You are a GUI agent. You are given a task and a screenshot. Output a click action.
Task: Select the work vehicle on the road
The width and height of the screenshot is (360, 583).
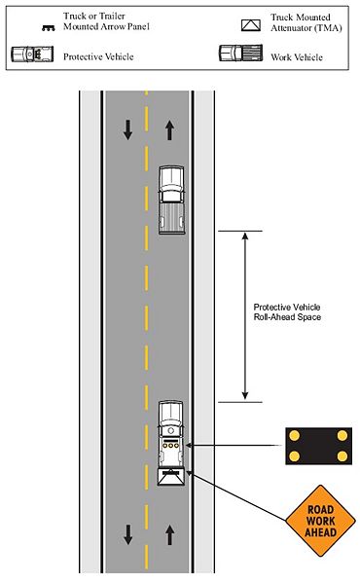pyautogui.click(x=171, y=197)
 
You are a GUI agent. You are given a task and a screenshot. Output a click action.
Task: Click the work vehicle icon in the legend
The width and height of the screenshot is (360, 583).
pyautogui.click(x=238, y=55)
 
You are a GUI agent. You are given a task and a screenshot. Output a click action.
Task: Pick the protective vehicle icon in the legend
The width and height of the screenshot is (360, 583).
pyautogui.click(x=31, y=55)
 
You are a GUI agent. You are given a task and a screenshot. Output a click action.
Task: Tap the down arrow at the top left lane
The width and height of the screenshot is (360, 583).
pyautogui.click(x=127, y=128)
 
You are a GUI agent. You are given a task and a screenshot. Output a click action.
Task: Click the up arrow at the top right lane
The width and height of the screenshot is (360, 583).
pyautogui.click(x=171, y=128)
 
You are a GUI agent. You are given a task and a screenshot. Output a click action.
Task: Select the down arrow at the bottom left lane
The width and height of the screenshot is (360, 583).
pyautogui.click(x=127, y=533)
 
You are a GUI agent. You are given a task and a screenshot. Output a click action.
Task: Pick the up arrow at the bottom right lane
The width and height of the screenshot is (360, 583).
pyautogui.click(x=171, y=533)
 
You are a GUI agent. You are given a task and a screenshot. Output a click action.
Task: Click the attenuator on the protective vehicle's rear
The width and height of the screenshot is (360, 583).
pyautogui.click(x=171, y=476)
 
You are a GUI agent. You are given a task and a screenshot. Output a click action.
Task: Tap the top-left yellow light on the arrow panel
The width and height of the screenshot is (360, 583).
pyautogui.click(x=293, y=435)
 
